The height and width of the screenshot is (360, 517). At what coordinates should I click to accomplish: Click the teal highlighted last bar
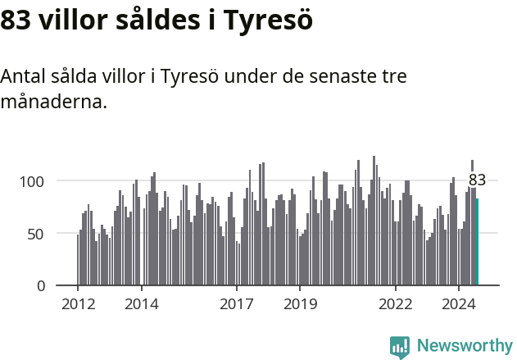pos(477,242)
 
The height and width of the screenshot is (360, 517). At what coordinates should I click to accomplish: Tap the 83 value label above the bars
pos(477,180)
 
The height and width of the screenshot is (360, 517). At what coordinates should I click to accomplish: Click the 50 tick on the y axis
pos(46,233)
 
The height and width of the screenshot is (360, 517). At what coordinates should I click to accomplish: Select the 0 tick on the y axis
pos(50,285)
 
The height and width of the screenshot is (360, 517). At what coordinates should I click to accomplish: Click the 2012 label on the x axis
pos(78,304)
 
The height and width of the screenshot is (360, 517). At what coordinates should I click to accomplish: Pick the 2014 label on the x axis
pos(142,304)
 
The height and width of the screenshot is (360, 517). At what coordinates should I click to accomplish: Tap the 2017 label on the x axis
pos(237,304)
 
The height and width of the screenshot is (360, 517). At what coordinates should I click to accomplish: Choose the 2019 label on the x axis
pos(300,304)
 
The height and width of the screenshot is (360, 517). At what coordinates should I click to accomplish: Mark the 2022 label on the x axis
pos(396,304)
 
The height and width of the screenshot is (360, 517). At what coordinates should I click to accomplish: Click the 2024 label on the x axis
pos(459,304)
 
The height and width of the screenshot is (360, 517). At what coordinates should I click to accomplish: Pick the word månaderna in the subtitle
pos(53,103)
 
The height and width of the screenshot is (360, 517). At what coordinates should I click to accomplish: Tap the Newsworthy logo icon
pos(400,347)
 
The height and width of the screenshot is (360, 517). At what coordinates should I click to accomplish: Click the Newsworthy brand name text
pos(465,346)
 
